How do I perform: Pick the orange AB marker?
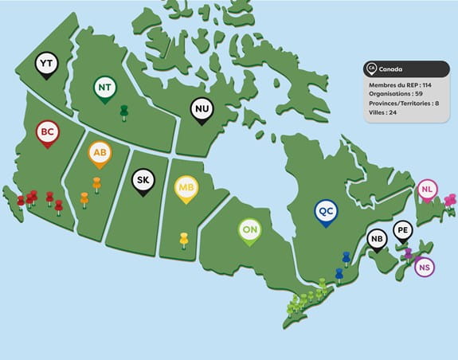pos(100,152)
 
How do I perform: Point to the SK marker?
pos(143,180)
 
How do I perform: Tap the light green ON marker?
pos(249,229)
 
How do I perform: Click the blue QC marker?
pos(325,211)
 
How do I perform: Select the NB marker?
pos(378,238)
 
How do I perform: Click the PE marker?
pos(403,231)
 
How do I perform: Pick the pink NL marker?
pos(428,190)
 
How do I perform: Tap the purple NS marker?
pos(425,267)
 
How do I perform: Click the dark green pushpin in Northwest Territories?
pos(123,112)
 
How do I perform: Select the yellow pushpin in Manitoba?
pos(183,239)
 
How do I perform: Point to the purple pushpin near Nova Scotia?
pos(408,253)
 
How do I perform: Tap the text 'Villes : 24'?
pos(383,112)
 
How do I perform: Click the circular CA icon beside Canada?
pos(370,68)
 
